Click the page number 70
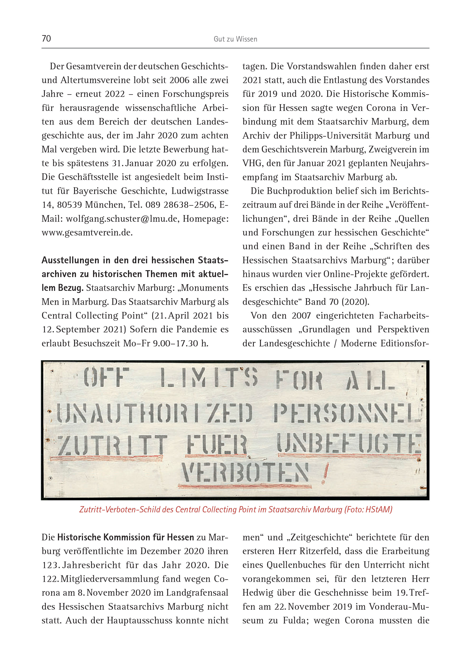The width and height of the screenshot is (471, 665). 46,38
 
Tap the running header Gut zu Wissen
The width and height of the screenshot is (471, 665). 235,39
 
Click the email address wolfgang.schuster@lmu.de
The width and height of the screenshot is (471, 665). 122,219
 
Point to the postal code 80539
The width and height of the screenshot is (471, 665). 70,205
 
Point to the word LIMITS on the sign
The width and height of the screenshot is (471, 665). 208,378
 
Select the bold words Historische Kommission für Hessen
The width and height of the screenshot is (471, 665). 126,538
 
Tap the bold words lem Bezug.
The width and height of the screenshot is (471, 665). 62,288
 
